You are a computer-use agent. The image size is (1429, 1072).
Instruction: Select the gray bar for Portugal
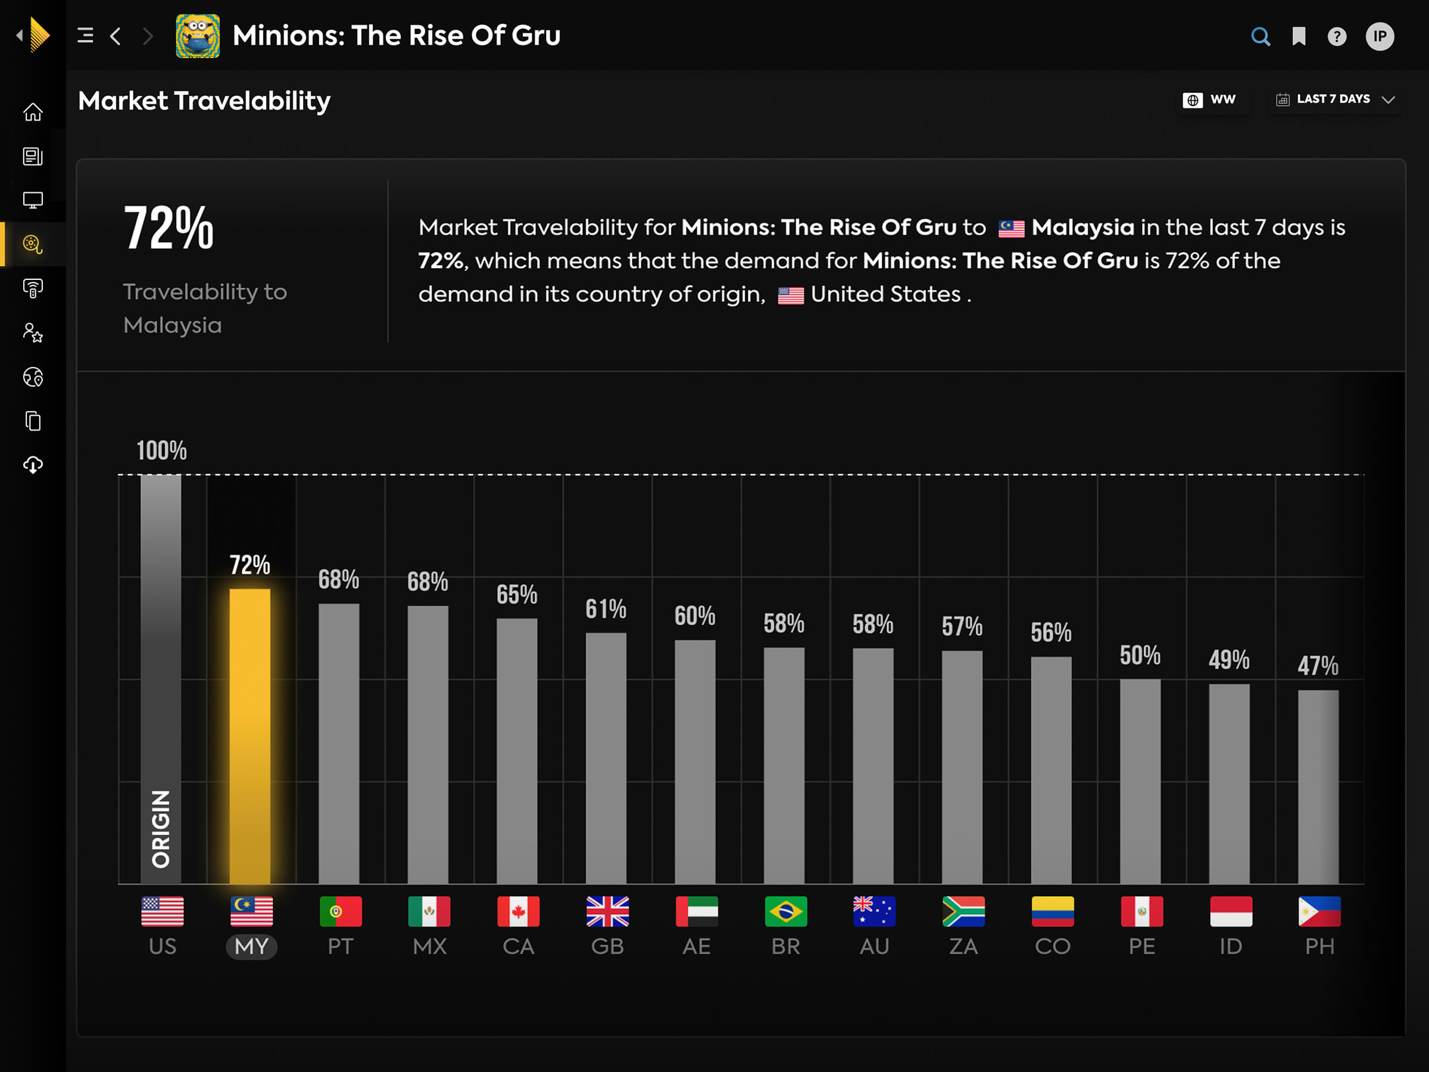[x=339, y=743]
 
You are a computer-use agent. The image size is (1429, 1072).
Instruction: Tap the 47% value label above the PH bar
[x=1318, y=666]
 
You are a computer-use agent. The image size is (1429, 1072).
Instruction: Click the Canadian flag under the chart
[x=518, y=911]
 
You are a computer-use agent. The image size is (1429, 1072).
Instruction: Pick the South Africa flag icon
[x=963, y=911]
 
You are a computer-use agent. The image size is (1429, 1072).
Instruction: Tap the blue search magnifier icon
[x=1260, y=36]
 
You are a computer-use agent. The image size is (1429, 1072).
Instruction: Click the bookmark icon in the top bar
[x=1299, y=36]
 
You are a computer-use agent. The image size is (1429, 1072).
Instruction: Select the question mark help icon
[x=1337, y=36]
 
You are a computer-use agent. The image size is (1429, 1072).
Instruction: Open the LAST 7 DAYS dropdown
[x=1335, y=99]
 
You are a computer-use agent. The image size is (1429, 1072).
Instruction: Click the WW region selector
[x=1210, y=99]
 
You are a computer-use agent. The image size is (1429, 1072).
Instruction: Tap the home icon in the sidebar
[x=33, y=113]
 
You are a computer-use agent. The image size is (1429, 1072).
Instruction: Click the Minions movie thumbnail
[x=198, y=36]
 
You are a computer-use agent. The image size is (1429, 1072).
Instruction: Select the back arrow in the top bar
[x=116, y=36]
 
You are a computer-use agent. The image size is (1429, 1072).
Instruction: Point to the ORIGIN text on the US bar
[x=161, y=828]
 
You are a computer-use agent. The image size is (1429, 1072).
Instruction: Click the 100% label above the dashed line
[x=161, y=450]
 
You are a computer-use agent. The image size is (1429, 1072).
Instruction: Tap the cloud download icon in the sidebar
[x=33, y=465]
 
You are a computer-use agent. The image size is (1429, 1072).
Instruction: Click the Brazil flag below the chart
[x=785, y=911]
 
